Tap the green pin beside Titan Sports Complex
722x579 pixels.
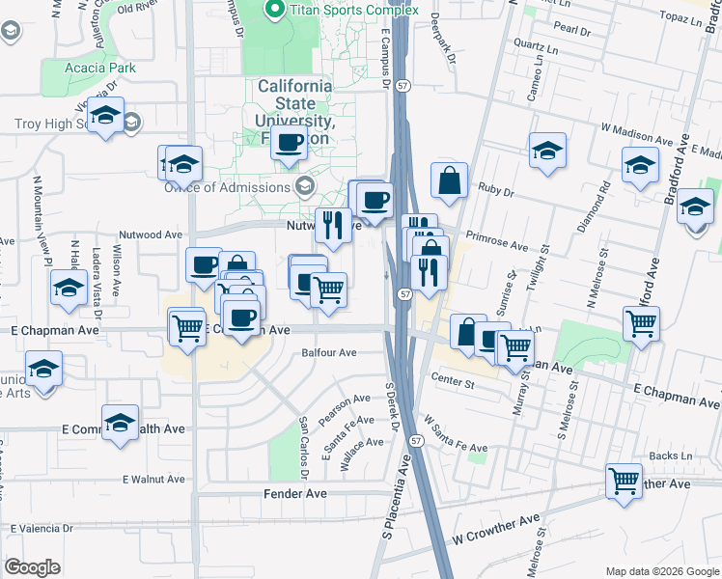(274, 10)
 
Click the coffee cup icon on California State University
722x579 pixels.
(289, 145)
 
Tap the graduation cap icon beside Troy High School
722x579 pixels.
(103, 118)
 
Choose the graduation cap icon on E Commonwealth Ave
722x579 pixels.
(121, 424)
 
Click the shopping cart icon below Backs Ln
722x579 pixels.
(624, 479)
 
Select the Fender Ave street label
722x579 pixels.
(294, 493)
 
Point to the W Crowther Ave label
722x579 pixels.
(496, 527)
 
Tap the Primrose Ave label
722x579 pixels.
(496, 240)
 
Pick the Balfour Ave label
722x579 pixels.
(329, 353)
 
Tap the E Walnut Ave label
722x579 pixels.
(153, 479)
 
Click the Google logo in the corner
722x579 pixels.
(32, 567)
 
